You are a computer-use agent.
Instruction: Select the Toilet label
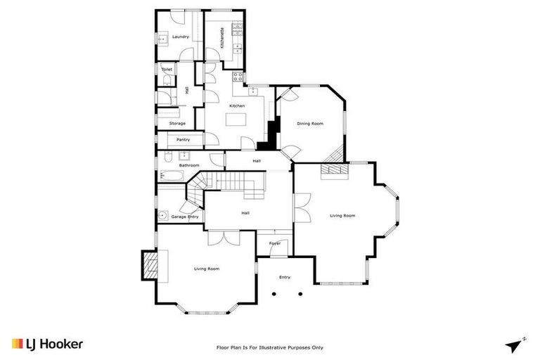coord(167,70)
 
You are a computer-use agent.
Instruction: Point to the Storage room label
coord(177,123)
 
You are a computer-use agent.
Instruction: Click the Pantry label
coord(183,140)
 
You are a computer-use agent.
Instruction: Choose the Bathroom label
coord(188,165)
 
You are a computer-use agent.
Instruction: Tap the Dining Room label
coord(309,124)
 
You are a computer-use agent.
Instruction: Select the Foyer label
coord(275,243)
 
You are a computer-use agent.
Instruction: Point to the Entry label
coord(284,277)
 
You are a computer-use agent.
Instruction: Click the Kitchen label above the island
coord(236,105)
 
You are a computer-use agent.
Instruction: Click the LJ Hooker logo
coord(47,345)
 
